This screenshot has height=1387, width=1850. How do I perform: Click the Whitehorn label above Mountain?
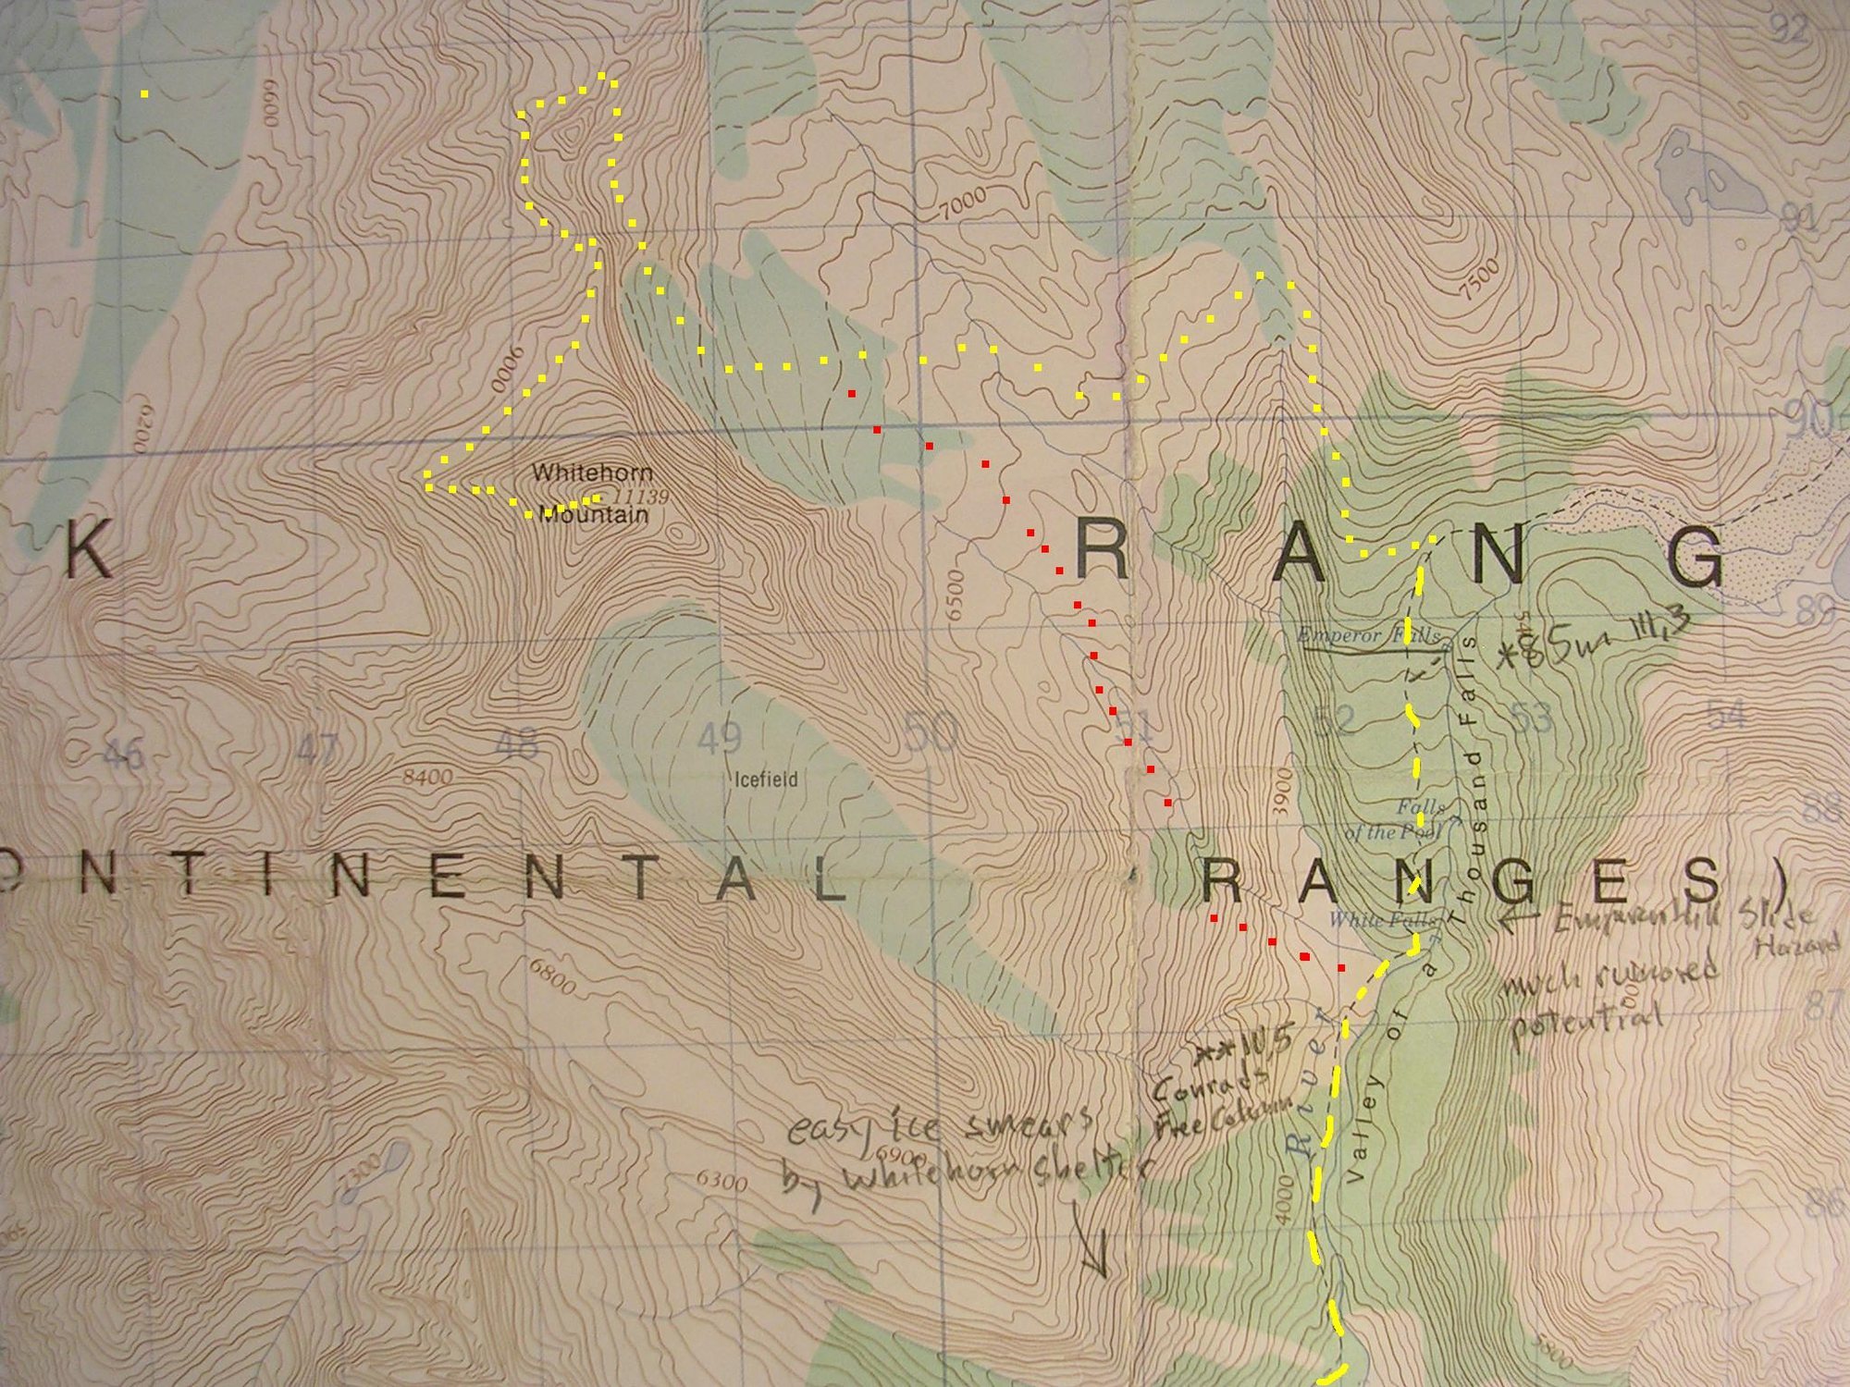[579, 473]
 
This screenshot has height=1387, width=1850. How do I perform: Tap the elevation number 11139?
[640, 497]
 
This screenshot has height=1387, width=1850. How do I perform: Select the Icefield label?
[766, 779]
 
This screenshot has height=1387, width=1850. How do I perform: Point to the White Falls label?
[1382, 920]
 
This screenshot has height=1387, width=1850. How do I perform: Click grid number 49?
[720, 738]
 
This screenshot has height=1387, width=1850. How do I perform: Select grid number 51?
[1136, 728]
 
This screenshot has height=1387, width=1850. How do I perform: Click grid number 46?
[121, 754]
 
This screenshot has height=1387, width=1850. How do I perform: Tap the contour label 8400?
[426, 777]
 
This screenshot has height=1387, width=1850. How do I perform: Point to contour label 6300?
[721, 1181]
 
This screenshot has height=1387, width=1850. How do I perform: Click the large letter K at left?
[89, 549]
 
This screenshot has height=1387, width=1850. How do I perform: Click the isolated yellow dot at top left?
[143, 93]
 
